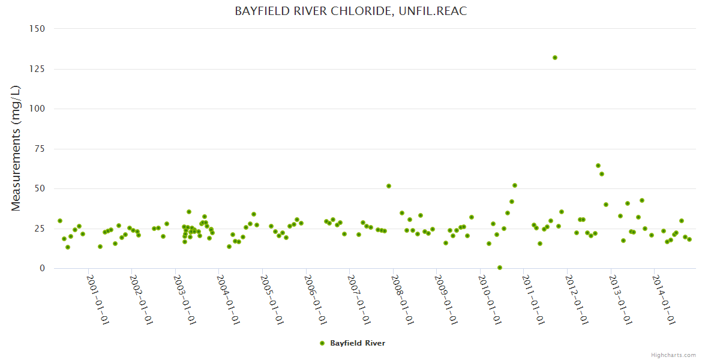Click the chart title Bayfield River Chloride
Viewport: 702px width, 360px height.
tap(350, 11)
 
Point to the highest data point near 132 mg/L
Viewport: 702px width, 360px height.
tap(555, 58)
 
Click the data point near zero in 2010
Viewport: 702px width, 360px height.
tap(500, 268)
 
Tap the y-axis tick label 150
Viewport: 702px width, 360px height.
tap(37, 28)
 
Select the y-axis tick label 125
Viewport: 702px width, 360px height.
tap(37, 69)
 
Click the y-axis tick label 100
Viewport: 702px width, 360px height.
tap(37, 109)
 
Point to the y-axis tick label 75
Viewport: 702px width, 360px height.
tap(40, 149)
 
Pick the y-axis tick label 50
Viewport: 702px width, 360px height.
tap(40, 188)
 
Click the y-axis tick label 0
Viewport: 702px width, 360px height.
tap(42, 268)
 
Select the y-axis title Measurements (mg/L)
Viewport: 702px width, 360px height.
tap(16, 148)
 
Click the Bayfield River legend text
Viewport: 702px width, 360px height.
tap(358, 343)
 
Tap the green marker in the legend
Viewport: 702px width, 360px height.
tap(322, 343)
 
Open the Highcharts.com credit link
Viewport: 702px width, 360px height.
tap(674, 355)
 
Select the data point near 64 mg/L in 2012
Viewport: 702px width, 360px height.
tap(598, 166)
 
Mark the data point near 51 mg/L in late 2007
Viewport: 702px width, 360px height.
tap(389, 186)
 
